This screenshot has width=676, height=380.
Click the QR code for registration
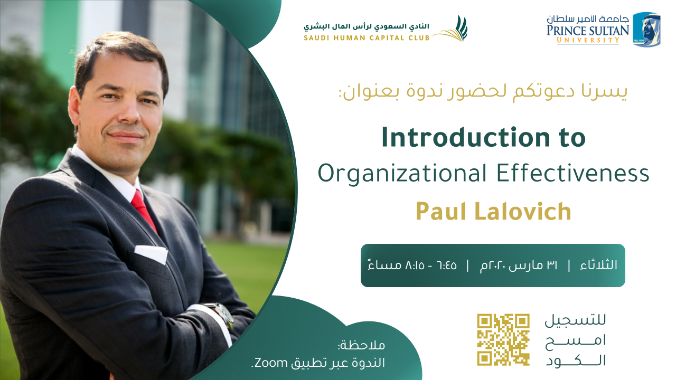coord(503,339)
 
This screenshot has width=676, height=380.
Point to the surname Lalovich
coord(523,211)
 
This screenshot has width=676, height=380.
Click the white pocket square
coord(151,254)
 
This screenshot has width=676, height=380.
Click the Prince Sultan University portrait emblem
coord(647,30)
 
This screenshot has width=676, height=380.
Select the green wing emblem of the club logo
coord(450,28)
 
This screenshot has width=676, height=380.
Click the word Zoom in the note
coord(271,362)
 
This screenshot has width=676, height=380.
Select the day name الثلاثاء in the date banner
coord(599,265)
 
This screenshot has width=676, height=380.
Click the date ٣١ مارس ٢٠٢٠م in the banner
coord(518,265)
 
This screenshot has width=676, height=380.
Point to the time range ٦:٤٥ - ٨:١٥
coord(431,265)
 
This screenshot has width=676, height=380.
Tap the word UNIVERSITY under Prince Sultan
coord(588,40)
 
